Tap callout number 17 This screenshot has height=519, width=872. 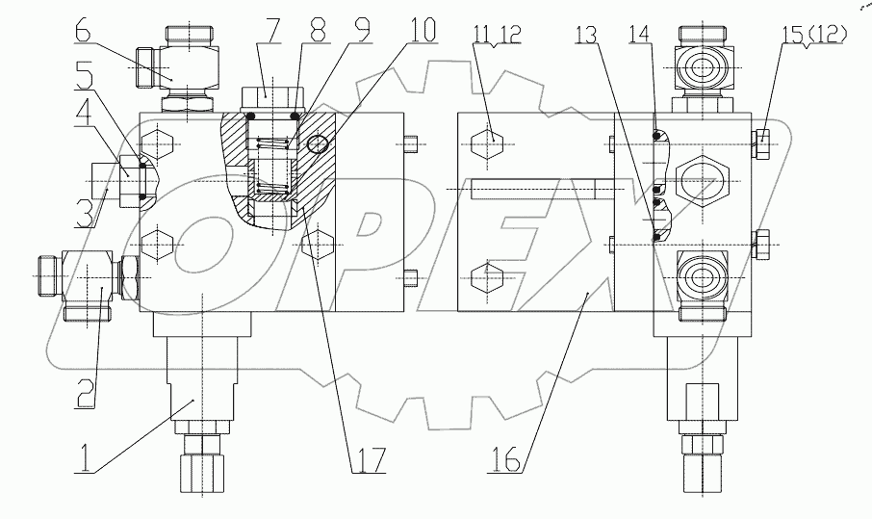click(x=368, y=458)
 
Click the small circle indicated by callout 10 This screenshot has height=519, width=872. click(x=320, y=143)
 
